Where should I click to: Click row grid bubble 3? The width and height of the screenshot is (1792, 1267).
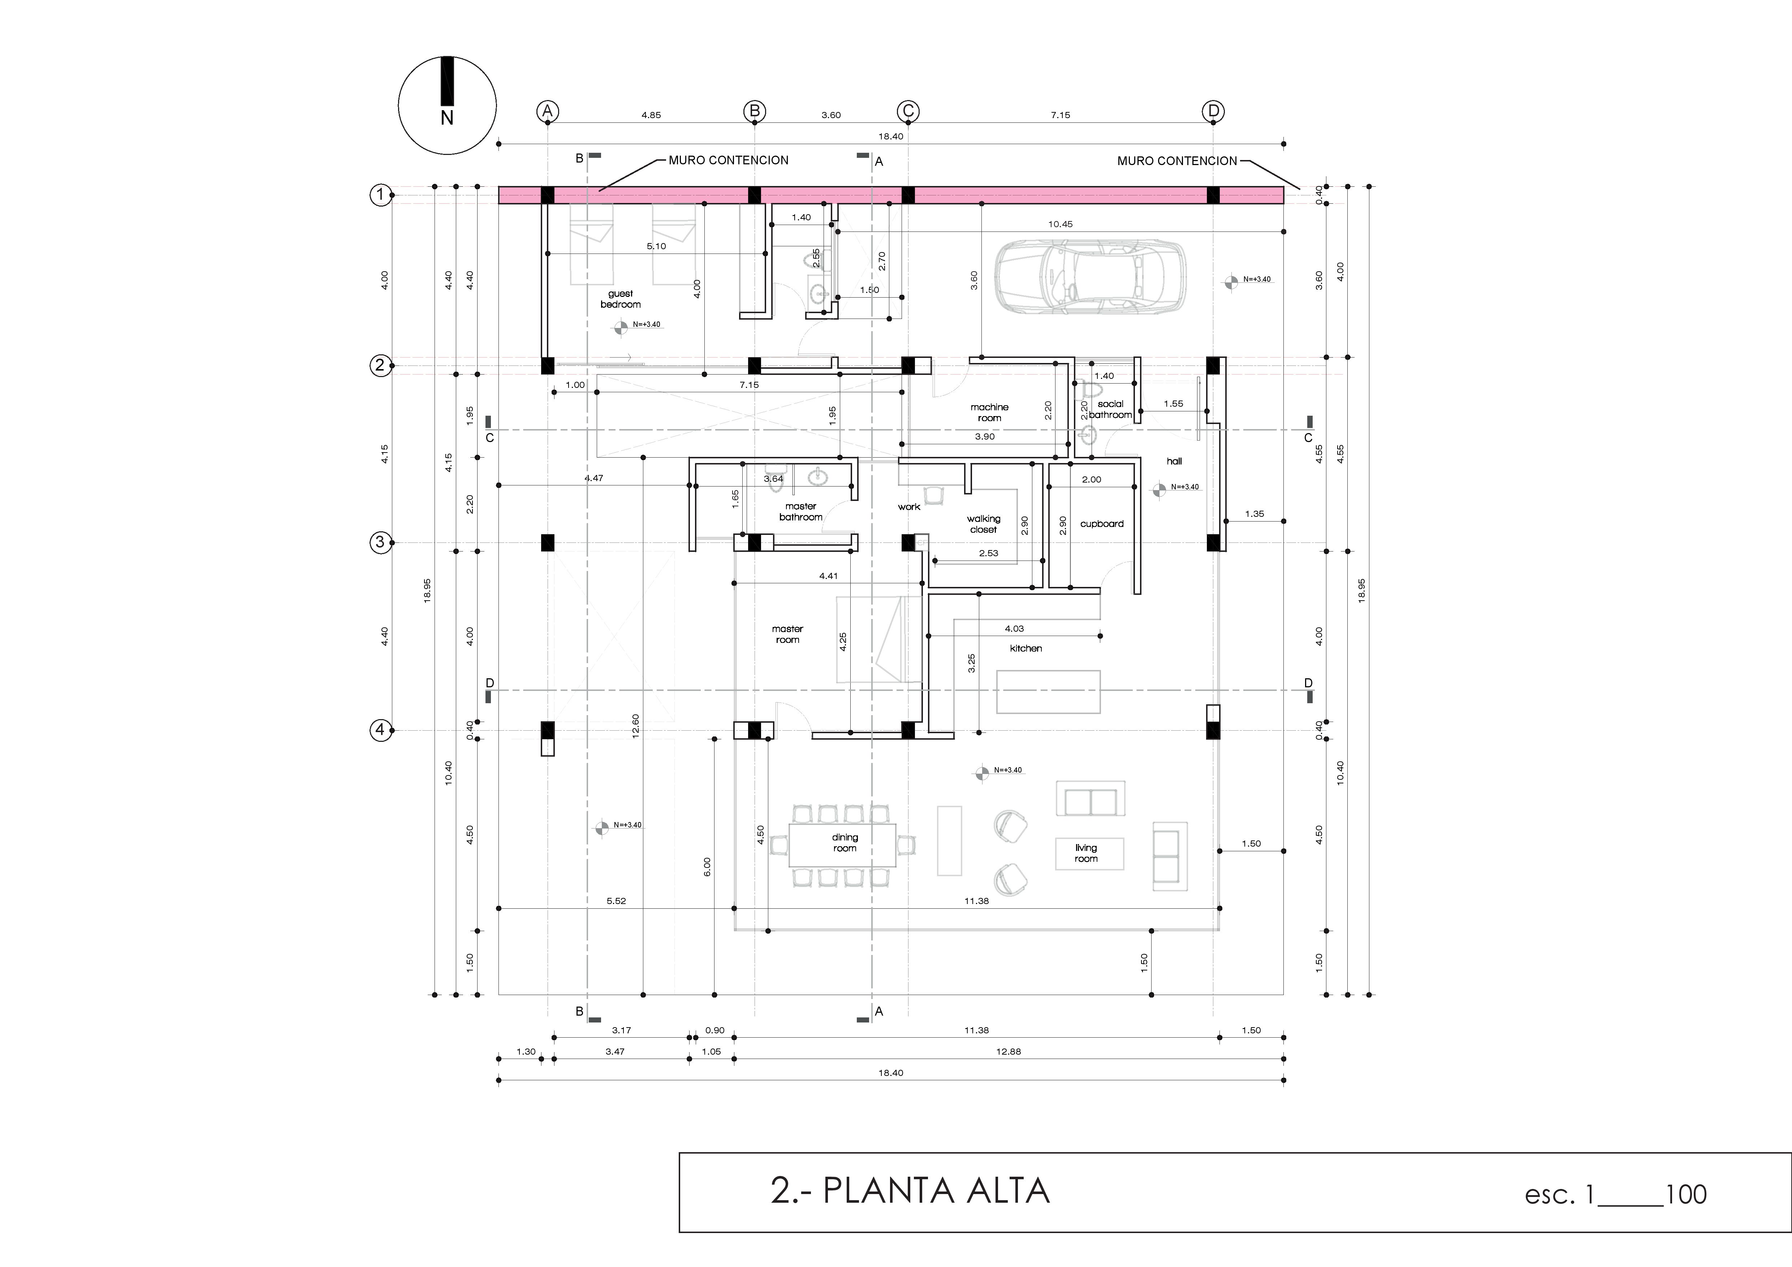pyautogui.click(x=380, y=542)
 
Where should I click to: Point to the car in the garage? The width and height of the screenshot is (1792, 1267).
pyautogui.click(x=1089, y=277)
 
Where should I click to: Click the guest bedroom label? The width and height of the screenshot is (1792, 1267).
pyautogui.click(x=621, y=299)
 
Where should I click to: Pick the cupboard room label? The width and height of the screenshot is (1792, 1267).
pyautogui.click(x=1101, y=523)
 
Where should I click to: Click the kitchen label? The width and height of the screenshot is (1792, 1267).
pyautogui.click(x=1025, y=648)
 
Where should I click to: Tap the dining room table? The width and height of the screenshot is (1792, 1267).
pyautogui.click(x=843, y=844)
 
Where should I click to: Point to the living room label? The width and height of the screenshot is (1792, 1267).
pyautogui.click(x=1086, y=853)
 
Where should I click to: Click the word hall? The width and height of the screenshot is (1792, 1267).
pyautogui.click(x=1174, y=461)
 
